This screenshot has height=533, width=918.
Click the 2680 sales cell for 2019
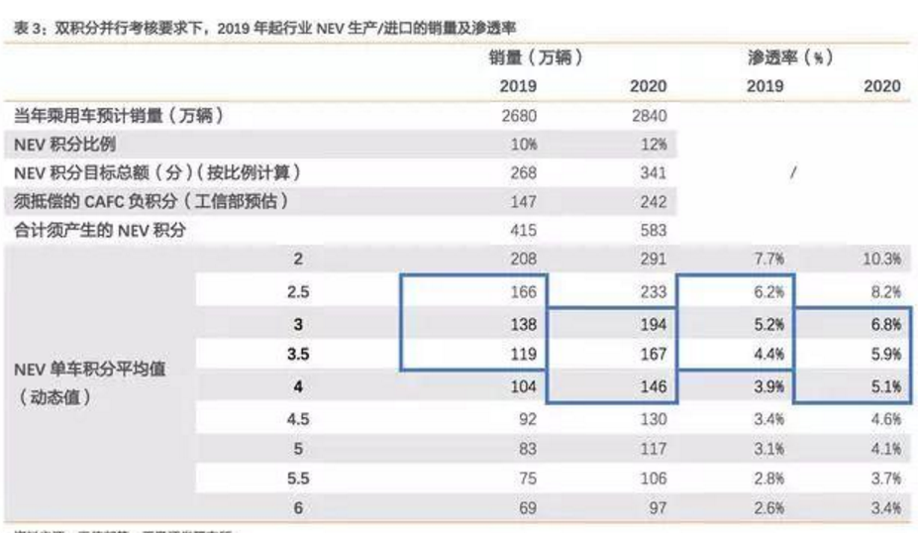click(x=518, y=116)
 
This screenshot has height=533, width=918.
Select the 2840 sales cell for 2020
click(x=648, y=116)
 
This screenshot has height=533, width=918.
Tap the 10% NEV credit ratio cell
click(x=522, y=145)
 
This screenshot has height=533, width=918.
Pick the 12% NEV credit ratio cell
click(x=652, y=145)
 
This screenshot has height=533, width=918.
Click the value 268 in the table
click(x=522, y=173)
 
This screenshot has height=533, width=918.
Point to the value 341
click(x=652, y=173)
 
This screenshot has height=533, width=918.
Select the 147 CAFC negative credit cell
click(x=522, y=202)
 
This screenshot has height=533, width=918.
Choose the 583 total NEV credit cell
click(x=652, y=231)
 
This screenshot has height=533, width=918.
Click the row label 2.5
click(x=298, y=292)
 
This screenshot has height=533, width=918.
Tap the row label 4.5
click(x=298, y=419)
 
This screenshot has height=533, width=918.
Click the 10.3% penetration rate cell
click(x=880, y=261)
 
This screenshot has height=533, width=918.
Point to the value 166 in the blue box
click(x=522, y=292)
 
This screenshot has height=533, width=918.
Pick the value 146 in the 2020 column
click(x=652, y=387)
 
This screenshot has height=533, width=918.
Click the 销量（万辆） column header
click(x=535, y=58)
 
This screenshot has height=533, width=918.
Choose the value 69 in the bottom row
click(x=526, y=509)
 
